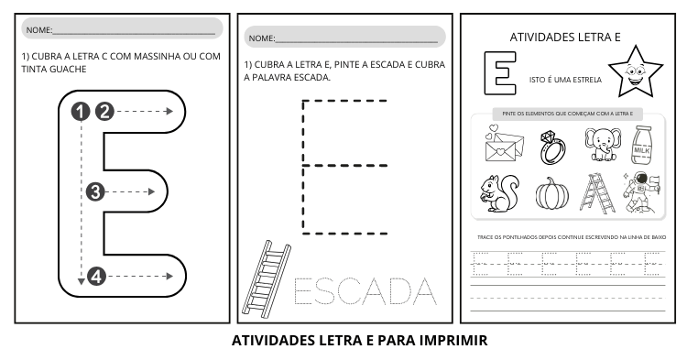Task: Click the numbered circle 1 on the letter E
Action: coord(82,111)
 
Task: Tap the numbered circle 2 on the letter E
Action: coord(104,111)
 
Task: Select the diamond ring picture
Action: coord(551,144)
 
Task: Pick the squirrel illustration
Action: coord(499,192)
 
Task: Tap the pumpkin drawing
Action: coord(551,195)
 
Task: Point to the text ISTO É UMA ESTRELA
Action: coord(564,80)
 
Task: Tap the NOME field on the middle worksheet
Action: coord(343,38)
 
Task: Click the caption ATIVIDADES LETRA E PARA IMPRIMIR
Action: coord(359,341)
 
